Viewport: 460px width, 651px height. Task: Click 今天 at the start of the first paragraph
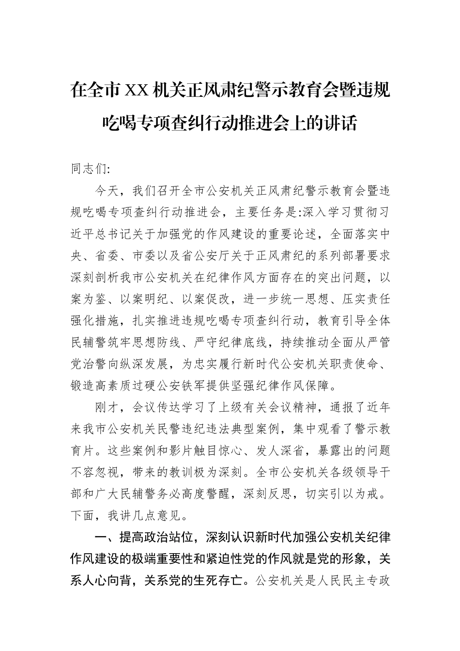[108, 191]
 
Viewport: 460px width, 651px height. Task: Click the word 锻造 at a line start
[83, 387]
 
